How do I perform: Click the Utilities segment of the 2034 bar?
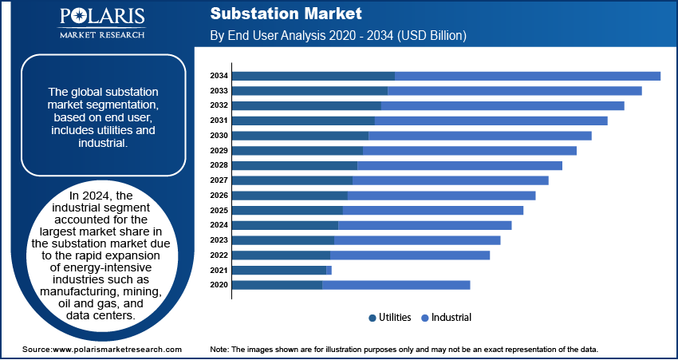(x=313, y=76)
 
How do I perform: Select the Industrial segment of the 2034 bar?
(x=527, y=76)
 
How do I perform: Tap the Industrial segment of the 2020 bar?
(x=396, y=285)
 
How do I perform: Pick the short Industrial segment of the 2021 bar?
(x=329, y=271)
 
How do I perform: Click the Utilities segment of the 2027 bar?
(x=292, y=180)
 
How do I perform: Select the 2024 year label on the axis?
(x=219, y=225)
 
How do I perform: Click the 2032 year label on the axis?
(x=219, y=105)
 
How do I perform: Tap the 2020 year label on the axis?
(x=219, y=285)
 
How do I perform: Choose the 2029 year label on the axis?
(x=219, y=151)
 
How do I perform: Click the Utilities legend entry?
(x=390, y=318)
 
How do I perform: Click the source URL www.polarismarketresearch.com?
(x=116, y=350)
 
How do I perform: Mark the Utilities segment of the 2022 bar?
(x=281, y=255)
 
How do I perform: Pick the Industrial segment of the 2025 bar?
(x=433, y=211)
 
